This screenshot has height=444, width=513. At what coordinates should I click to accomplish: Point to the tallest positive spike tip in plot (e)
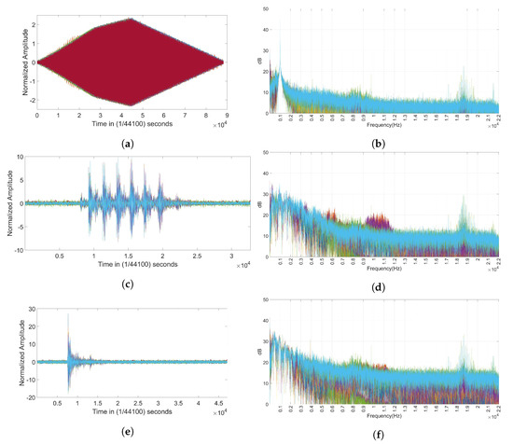point(68,314)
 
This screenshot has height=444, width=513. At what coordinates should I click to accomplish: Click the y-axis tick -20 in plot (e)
point(28,396)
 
